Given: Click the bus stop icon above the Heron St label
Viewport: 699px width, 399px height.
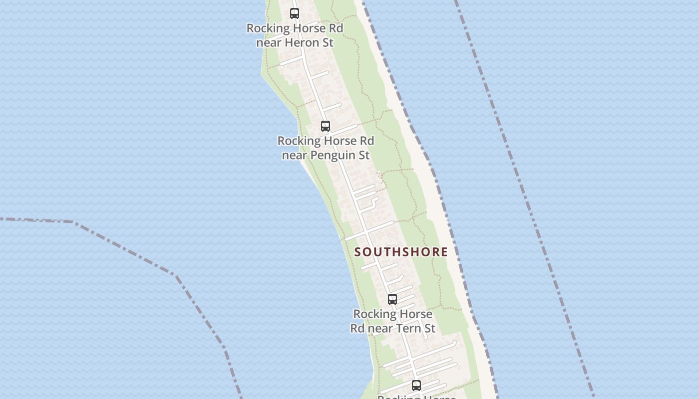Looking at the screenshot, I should pyautogui.click(x=295, y=13).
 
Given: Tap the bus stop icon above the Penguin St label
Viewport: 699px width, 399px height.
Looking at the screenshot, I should pyautogui.click(x=326, y=126).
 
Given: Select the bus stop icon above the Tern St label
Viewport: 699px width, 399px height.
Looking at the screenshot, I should pyautogui.click(x=392, y=299).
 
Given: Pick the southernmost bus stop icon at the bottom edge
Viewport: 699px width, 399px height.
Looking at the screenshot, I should pyautogui.click(x=416, y=385).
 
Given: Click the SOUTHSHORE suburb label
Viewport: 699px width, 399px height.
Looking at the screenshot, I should pyautogui.click(x=401, y=252).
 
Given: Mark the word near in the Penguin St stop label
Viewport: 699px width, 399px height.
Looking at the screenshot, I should pyautogui.click(x=295, y=156).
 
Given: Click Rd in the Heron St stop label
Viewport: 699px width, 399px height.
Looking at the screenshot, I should pyautogui.click(x=336, y=28).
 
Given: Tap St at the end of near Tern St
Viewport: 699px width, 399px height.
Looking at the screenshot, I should pyautogui.click(x=429, y=328).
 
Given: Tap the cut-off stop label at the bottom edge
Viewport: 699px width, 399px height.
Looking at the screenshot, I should pyautogui.click(x=416, y=397).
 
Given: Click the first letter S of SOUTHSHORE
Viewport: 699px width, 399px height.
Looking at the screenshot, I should pyautogui.click(x=357, y=252).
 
